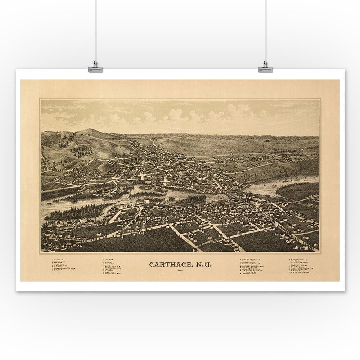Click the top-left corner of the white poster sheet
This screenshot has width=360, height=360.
pyautogui.click(x=16, y=70)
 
